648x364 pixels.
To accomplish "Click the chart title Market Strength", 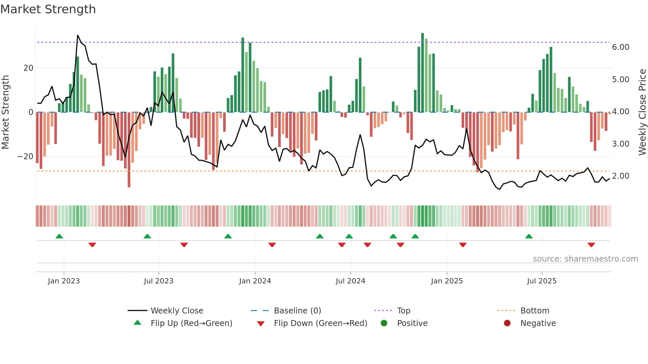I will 48,9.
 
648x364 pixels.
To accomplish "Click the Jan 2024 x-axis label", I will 255,281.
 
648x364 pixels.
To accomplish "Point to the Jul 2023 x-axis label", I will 158,281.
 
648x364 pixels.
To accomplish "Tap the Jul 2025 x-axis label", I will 542,281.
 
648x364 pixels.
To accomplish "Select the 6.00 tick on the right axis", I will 620,47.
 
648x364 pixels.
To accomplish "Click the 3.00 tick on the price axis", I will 620,144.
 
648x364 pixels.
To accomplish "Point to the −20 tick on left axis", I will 25,157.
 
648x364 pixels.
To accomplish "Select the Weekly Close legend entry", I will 177,311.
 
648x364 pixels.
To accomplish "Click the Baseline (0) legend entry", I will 297,311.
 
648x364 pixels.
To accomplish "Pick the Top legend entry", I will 403,311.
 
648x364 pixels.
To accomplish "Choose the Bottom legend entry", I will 535,311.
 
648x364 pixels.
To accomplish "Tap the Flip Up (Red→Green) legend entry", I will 191,323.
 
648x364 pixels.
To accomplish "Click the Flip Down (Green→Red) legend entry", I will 320,323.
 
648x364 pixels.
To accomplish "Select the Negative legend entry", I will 538,323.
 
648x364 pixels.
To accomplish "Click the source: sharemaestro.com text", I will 585,259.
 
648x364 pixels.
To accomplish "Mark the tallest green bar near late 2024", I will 423,73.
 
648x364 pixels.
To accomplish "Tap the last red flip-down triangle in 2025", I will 591,245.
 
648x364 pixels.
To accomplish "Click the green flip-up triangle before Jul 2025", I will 529,236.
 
